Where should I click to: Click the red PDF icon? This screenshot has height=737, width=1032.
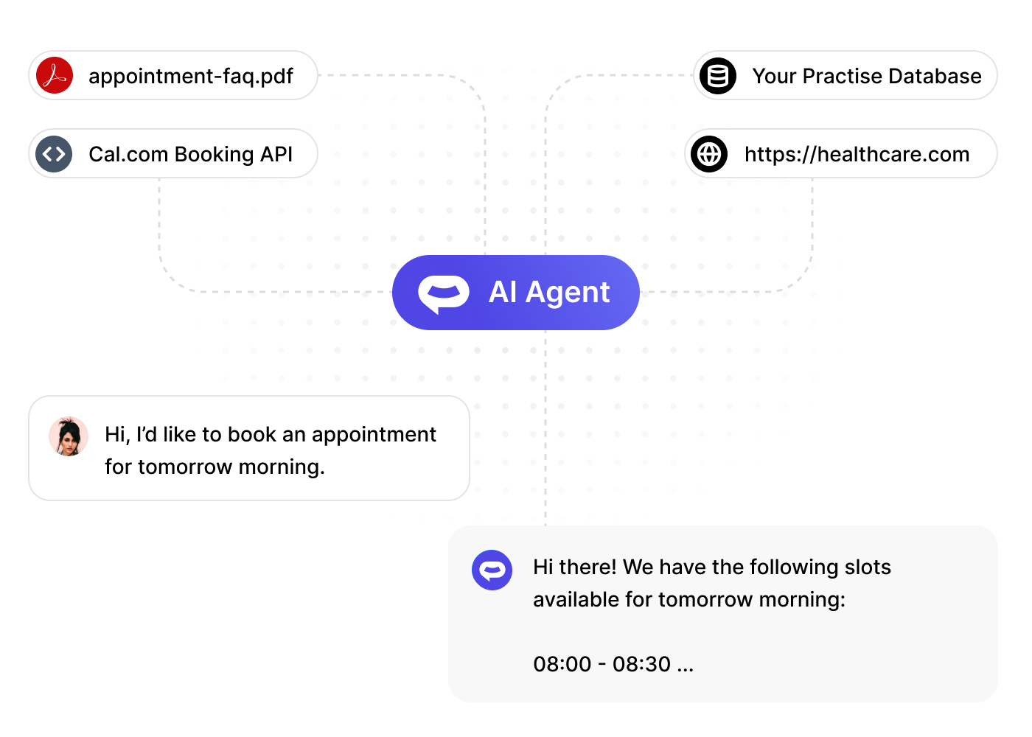55,75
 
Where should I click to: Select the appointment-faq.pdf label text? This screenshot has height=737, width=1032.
191,76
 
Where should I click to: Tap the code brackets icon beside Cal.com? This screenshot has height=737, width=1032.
55,154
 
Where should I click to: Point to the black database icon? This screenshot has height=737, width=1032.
718,75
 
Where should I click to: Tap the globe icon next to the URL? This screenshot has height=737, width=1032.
710,154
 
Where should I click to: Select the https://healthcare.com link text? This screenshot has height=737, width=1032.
857,154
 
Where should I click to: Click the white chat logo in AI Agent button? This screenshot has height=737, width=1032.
443,293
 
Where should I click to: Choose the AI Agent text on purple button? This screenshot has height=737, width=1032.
549,293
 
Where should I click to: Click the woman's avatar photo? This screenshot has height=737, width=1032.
69,436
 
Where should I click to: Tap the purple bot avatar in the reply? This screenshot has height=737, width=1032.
492,570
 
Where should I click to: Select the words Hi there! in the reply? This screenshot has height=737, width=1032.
574,567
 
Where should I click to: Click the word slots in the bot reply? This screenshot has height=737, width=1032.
868,567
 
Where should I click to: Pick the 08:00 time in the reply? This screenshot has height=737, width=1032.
562,664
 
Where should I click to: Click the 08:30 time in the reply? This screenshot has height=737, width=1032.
641,664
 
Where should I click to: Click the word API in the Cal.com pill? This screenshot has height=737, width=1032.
276,154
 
